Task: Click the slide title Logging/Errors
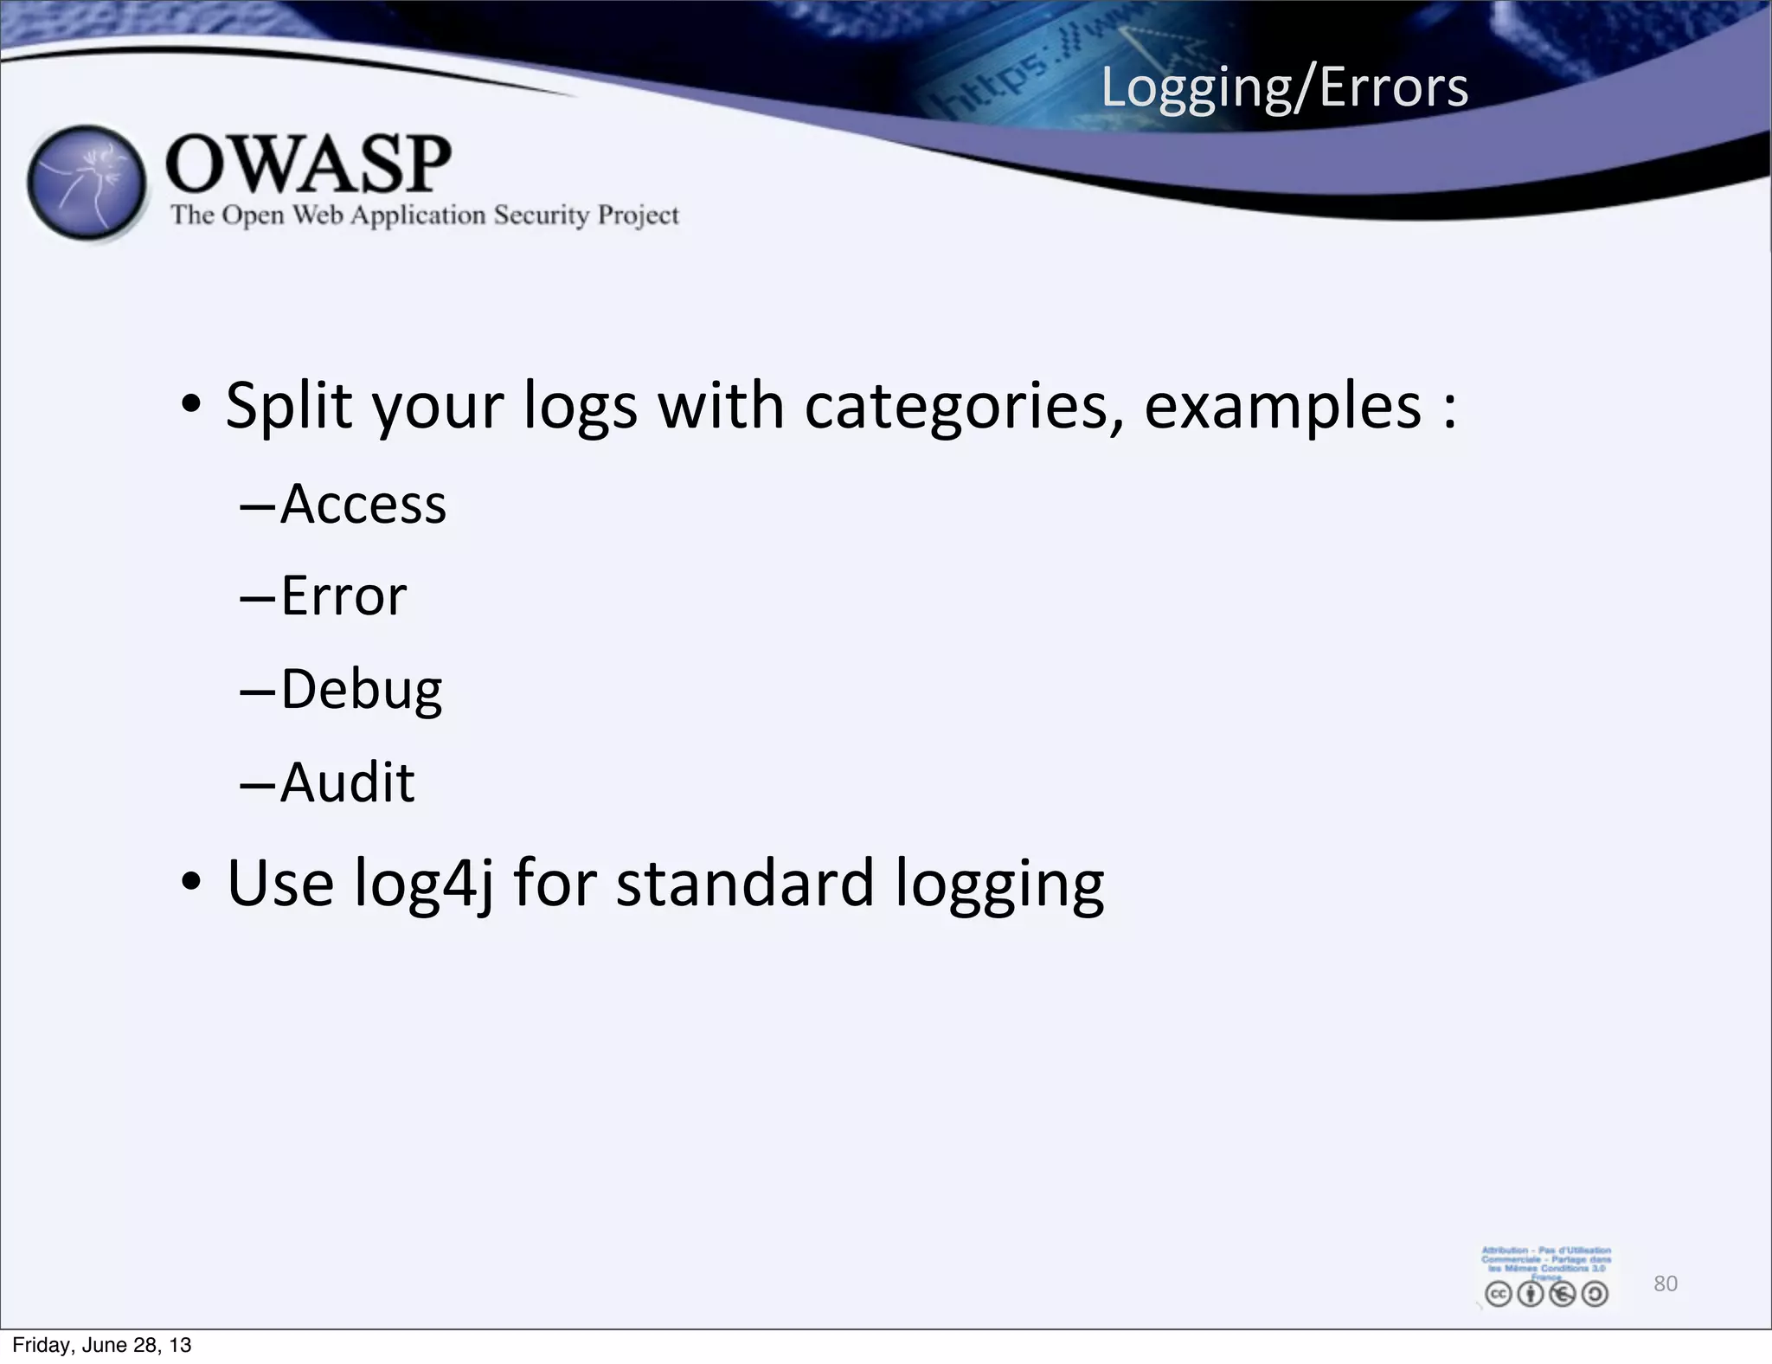(x=1284, y=88)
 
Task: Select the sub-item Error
(x=343, y=596)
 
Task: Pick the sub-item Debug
(x=361, y=690)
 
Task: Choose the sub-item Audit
(x=347, y=782)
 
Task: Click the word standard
(x=745, y=884)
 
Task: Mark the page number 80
(x=1665, y=1284)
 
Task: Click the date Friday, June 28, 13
(x=102, y=1345)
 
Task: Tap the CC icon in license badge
(x=1498, y=1294)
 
